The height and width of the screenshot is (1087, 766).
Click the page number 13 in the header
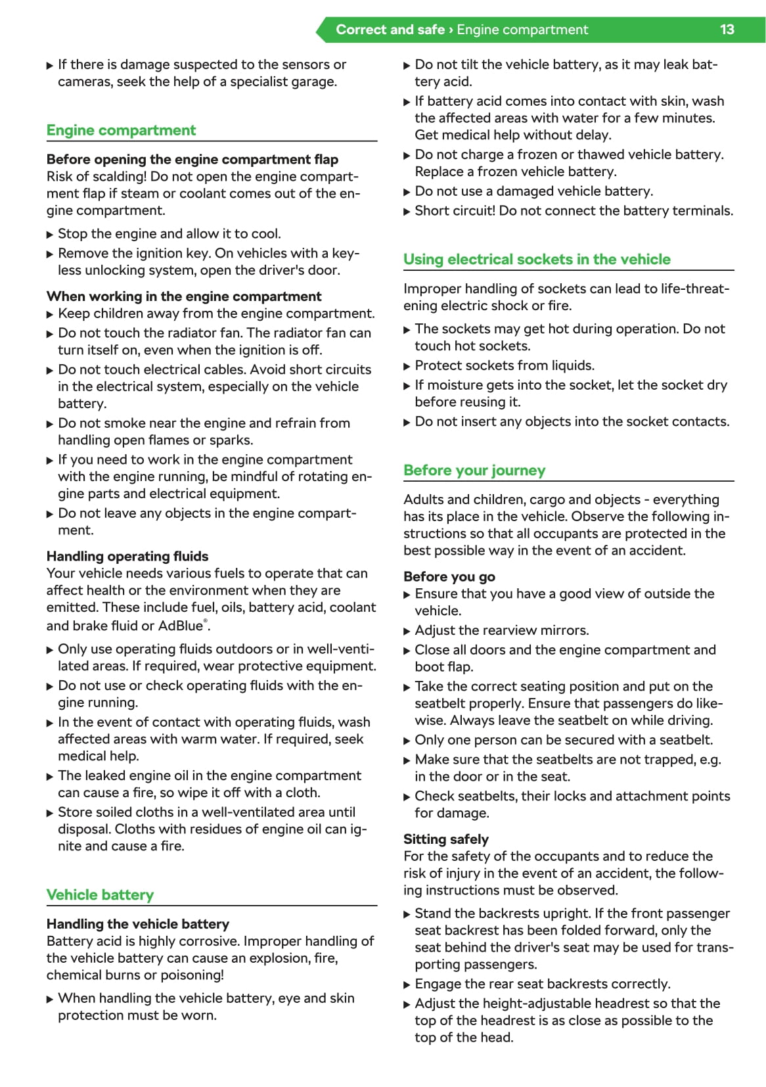pos(727,30)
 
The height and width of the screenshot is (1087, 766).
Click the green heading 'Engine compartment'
pos(121,130)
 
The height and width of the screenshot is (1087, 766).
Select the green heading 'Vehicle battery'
pos(100,894)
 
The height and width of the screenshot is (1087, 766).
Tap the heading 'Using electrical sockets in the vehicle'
pos(537,259)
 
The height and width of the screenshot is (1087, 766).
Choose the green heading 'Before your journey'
pos(474,470)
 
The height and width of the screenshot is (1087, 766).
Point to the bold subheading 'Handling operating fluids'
pos(127,556)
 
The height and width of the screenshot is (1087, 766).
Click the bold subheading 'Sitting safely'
pos(446,839)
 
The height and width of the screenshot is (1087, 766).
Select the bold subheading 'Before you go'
pos(449,576)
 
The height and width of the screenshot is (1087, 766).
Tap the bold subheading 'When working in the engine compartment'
pos(184,296)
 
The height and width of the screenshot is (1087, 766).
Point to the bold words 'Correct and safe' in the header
pos(390,30)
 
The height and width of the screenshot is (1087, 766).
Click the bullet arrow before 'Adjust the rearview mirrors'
pos(407,631)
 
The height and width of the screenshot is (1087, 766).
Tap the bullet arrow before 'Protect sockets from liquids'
pos(407,366)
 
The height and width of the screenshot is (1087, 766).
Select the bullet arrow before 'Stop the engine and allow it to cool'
pos(50,235)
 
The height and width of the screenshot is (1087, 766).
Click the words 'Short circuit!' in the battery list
pos(455,211)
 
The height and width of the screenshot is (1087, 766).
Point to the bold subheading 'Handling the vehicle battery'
pos(138,924)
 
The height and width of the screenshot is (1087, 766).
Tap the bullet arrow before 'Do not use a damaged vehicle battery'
pos(407,192)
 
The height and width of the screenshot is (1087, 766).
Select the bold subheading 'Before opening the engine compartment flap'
pos(192,160)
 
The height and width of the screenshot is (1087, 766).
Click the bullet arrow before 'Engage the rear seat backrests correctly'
pos(407,984)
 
